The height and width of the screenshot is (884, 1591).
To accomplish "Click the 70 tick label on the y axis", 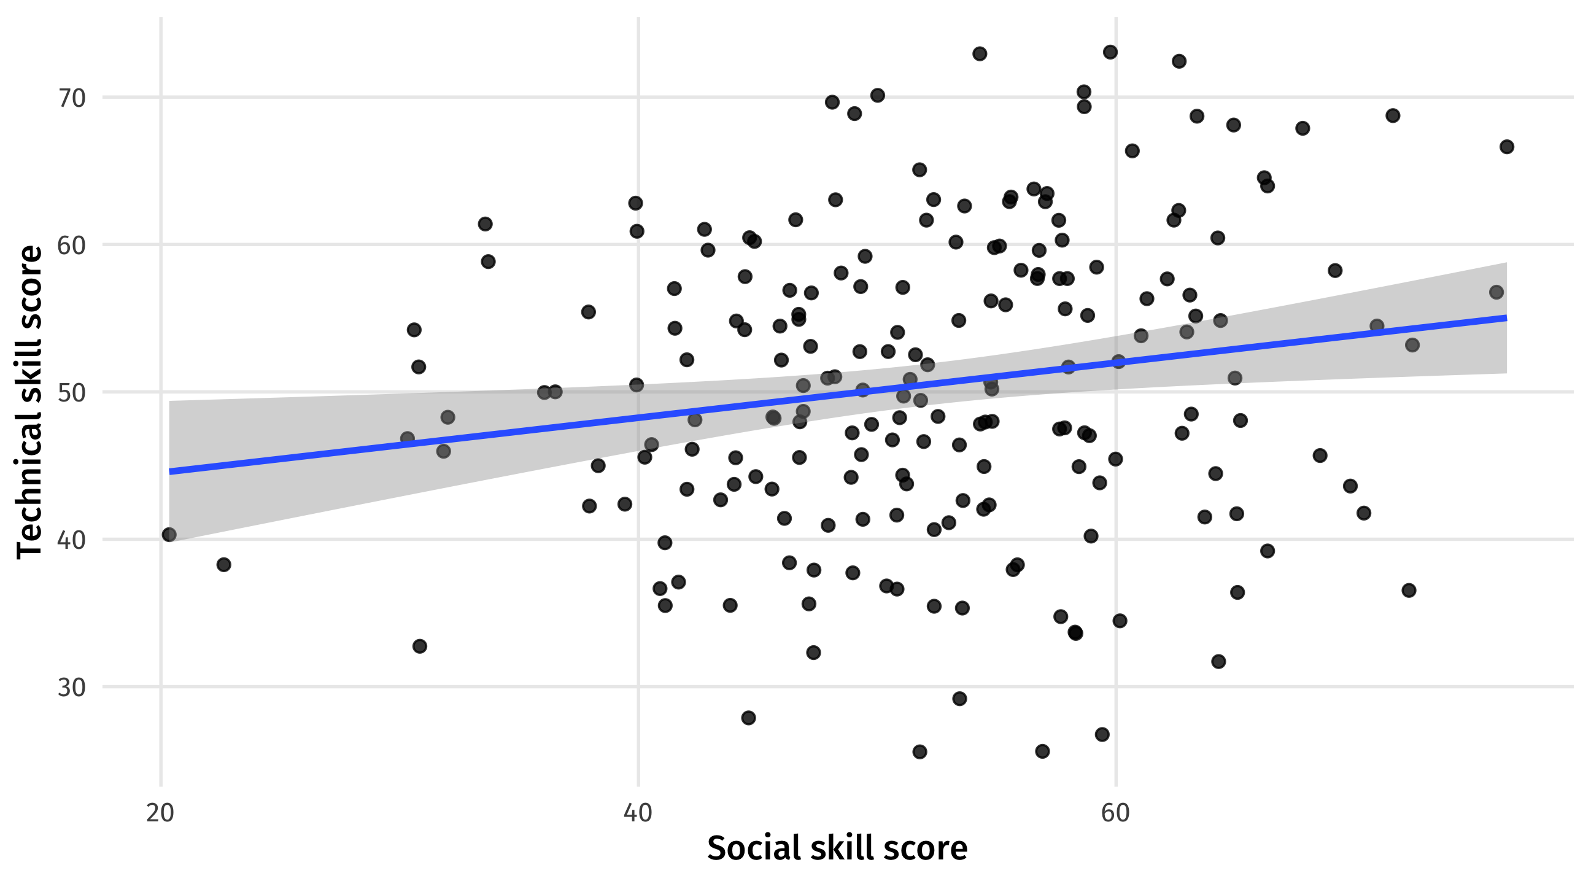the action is pos(72,98).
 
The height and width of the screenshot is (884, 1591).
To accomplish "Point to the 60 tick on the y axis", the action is pos(72,245).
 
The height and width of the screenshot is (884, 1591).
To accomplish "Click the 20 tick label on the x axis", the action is pos(161,813).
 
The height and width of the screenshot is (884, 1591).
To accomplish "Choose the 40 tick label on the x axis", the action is pos(638,813).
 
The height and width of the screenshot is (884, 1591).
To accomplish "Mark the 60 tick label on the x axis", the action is pos(1115,813).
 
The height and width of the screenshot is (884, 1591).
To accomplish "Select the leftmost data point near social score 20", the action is pos(169,534).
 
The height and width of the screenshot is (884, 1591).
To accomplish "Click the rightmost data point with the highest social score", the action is pos(1506,147).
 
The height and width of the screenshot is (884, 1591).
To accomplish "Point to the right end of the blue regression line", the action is pos(1506,318).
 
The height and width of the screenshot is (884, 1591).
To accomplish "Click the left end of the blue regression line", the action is pos(170,472).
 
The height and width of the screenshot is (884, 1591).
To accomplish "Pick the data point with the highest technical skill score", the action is pos(1110,52).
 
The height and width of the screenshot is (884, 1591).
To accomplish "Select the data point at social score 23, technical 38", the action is pos(223,565).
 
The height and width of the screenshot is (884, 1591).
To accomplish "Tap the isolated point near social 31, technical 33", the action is pos(420,646).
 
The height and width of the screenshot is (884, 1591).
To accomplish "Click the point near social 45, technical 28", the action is pos(749,718).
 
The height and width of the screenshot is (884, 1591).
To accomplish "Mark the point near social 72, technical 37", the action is pos(1409,591).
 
